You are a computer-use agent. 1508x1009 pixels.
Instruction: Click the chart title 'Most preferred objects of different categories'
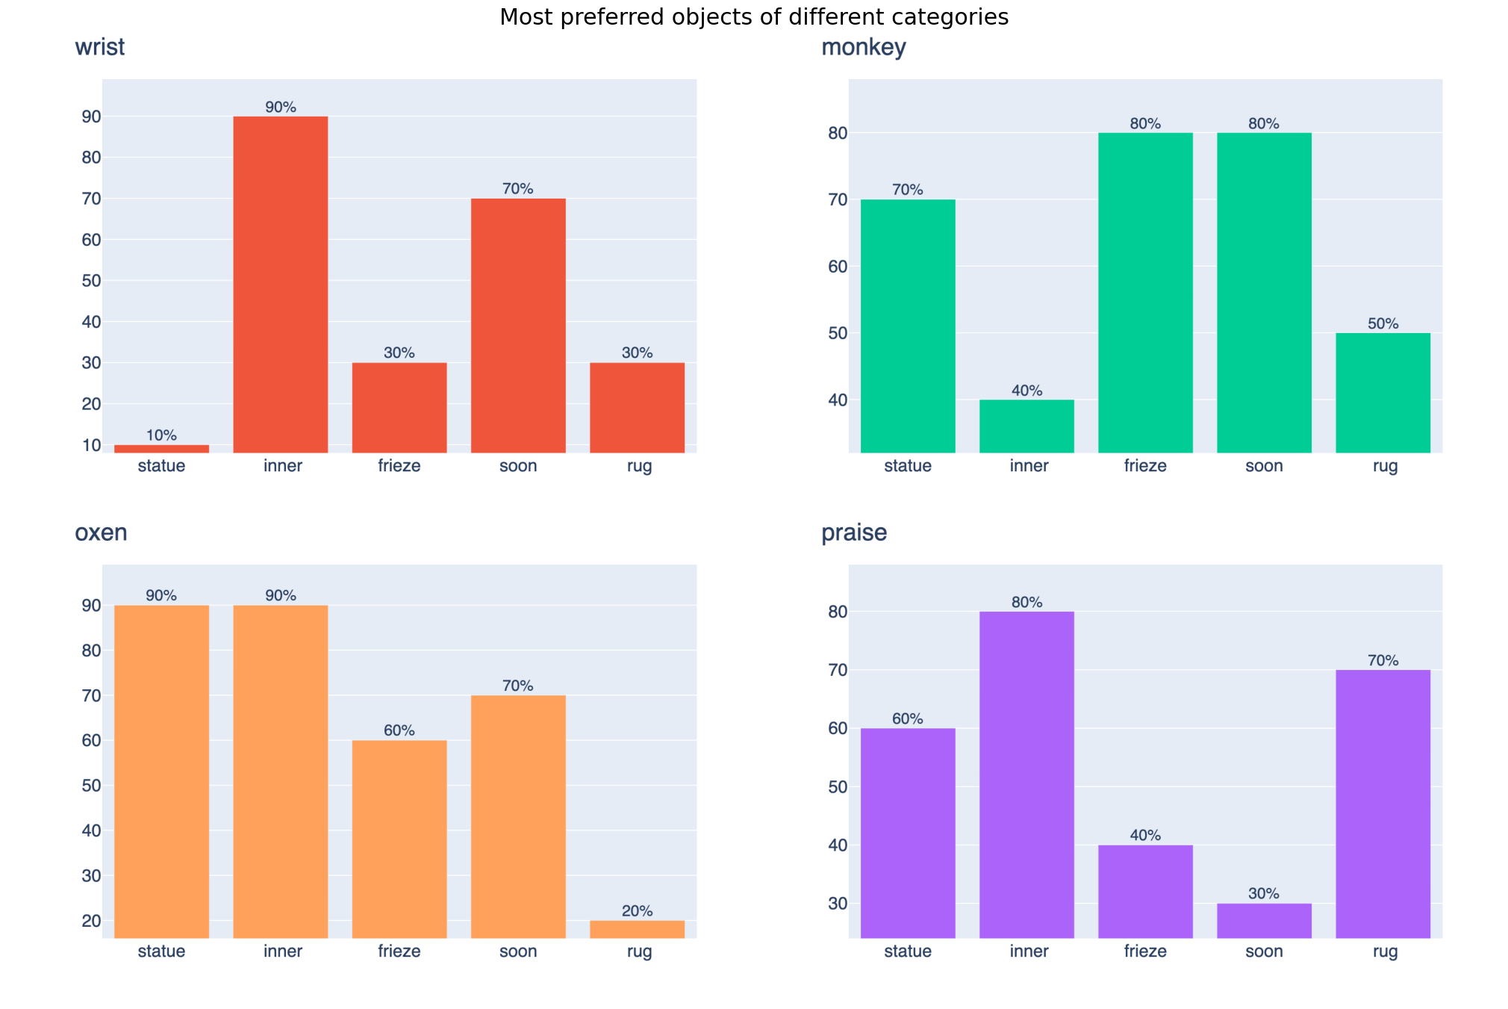click(754, 17)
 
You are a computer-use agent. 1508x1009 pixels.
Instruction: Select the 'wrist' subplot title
click(99, 47)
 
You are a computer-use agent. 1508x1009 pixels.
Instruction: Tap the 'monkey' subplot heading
click(863, 47)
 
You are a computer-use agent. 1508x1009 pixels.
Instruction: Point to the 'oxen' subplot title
click(101, 533)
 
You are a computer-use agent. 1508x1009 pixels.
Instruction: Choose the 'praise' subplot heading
click(854, 533)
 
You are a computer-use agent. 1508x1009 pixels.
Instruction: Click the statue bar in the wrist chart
click(161, 449)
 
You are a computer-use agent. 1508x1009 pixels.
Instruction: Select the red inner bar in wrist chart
click(281, 284)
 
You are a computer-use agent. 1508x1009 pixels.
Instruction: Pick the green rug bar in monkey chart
click(1383, 392)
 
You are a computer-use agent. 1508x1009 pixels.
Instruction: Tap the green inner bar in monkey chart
click(1026, 426)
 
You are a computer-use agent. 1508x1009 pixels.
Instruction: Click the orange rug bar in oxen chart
click(637, 929)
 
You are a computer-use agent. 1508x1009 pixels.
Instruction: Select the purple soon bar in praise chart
click(1264, 920)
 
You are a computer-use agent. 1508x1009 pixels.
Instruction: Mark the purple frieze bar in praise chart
click(1145, 891)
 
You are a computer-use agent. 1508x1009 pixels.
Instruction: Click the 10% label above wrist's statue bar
click(161, 435)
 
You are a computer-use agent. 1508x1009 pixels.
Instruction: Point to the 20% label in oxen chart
click(637, 911)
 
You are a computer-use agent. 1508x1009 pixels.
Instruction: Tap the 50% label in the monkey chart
click(1383, 324)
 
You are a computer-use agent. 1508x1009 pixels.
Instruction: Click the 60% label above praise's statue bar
click(908, 719)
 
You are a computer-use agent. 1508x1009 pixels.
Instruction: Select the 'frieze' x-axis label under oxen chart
click(399, 951)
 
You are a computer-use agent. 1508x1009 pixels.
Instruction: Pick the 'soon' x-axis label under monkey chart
click(1264, 466)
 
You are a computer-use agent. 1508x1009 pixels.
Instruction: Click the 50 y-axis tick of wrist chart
click(91, 281)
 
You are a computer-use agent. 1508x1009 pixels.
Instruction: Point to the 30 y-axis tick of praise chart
click(838, 904)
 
